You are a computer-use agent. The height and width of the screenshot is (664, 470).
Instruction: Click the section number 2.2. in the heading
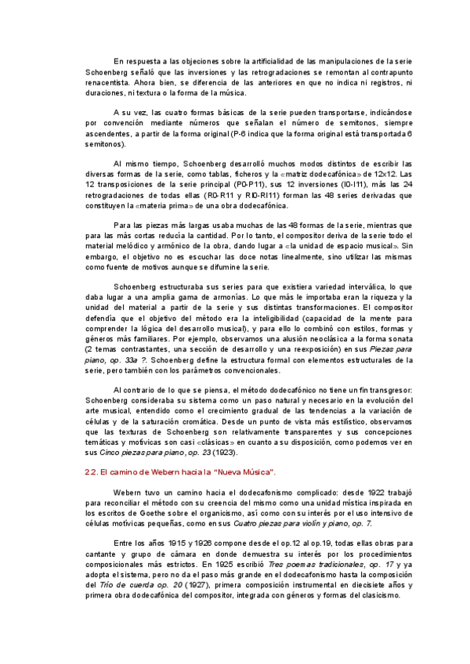pos(92,471)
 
